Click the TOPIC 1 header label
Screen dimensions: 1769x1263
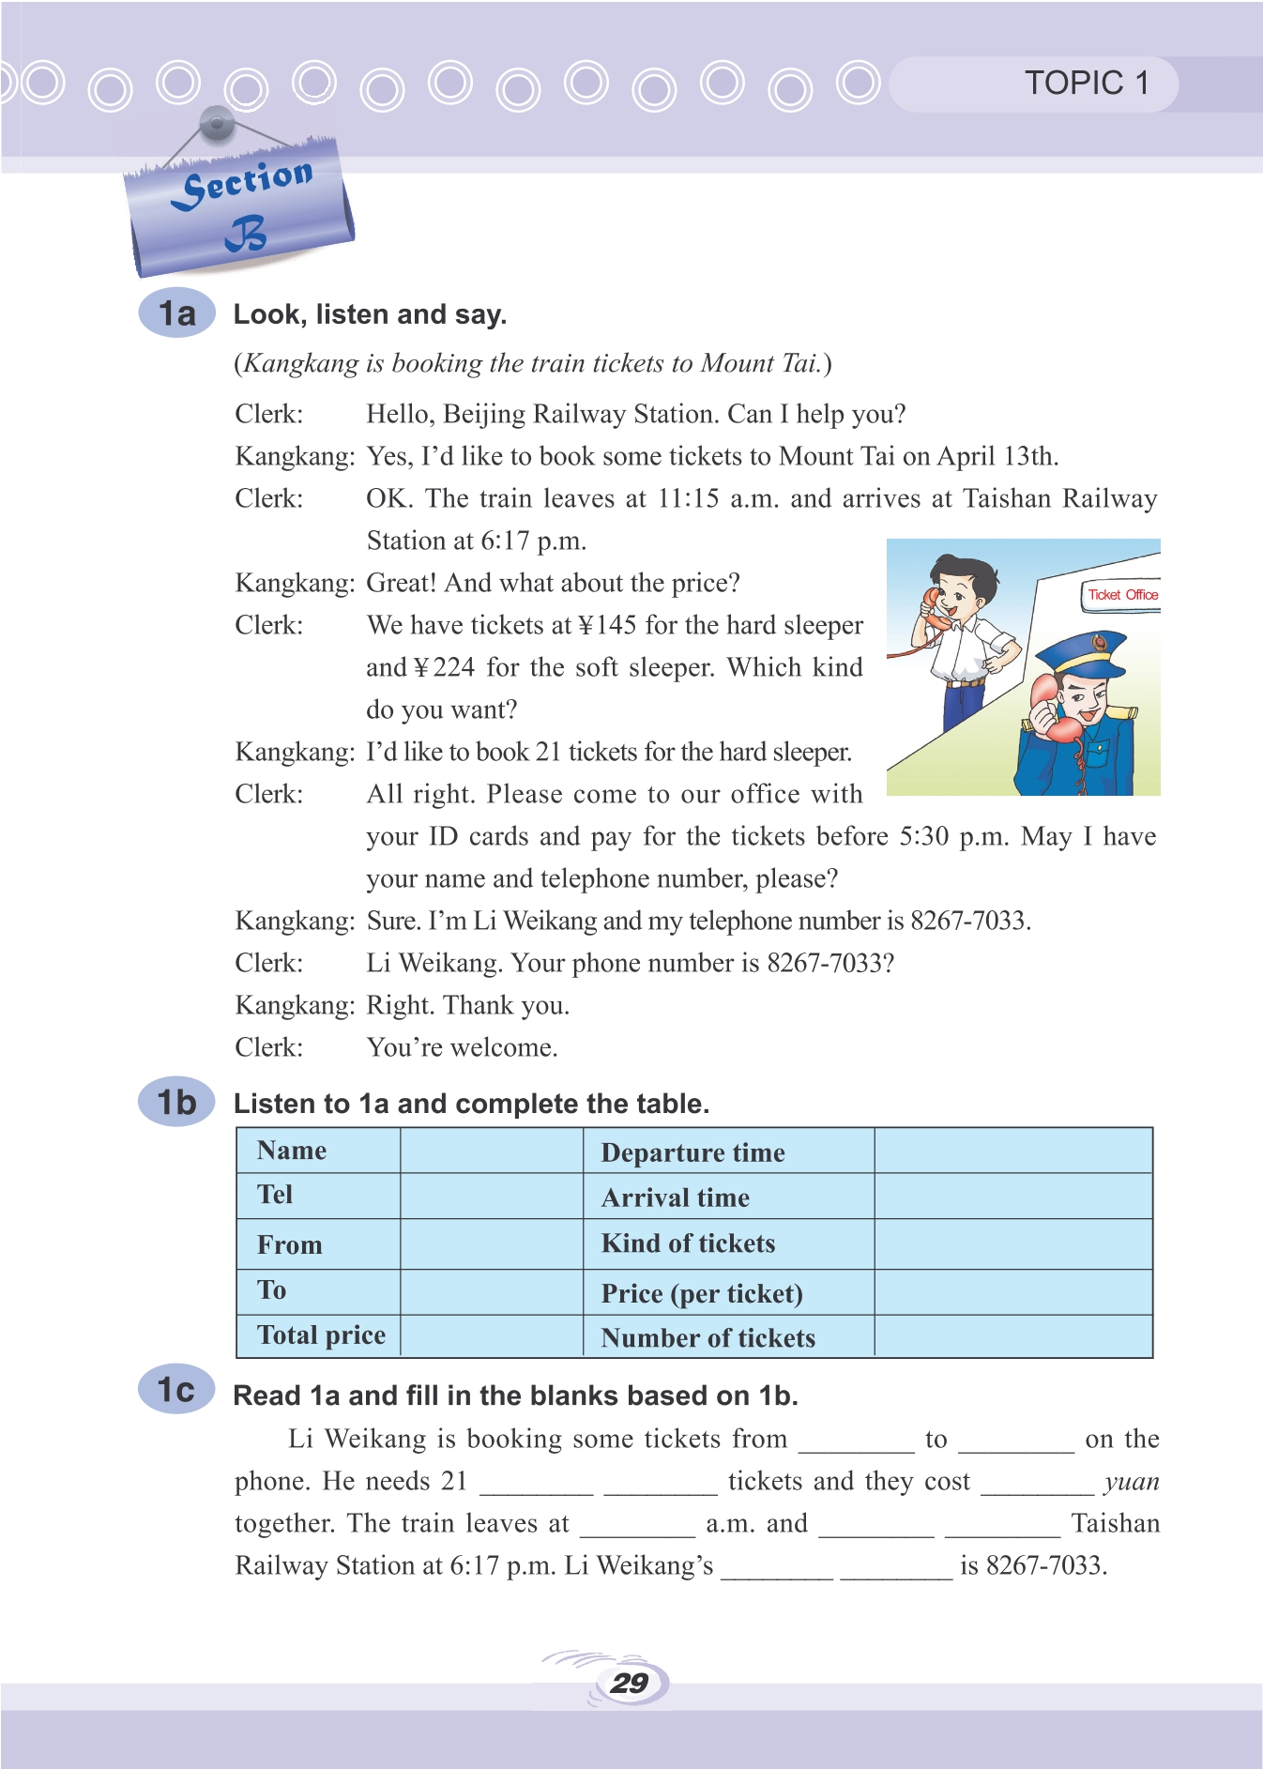[1086, 84]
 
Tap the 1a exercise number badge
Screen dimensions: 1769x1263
[176, 313]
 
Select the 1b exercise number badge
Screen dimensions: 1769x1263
[176, 1102]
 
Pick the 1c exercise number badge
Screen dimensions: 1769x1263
[176, 1390]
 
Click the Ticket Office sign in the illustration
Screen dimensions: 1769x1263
[1122, 595]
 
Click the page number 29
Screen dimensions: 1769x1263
[629, 1684]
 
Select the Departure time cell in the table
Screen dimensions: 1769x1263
[692, 1152]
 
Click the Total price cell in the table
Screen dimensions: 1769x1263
[321, 1335]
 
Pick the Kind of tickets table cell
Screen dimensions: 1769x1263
[688, 1244]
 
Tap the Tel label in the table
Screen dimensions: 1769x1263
[275, 1196]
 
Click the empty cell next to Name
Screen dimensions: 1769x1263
[492, 1151]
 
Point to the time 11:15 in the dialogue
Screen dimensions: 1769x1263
[689, 498]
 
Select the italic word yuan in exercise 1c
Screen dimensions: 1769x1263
[1132, 1482]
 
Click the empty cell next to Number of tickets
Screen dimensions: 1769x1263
[1012, 1336]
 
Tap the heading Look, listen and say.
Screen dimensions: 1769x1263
[370, 314]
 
